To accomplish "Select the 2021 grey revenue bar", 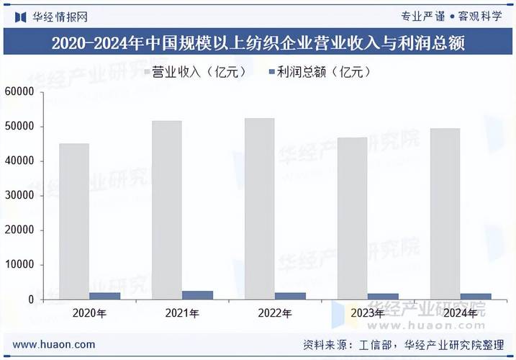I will click(166, 210).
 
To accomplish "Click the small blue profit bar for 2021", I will click(197, 295).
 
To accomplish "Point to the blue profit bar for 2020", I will click(105, 296).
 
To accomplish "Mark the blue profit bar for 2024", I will click(475, 296).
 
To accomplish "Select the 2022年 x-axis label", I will click(275, 313).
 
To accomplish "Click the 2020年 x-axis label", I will click(90, 313).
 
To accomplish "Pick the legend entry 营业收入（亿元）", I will click(197, 72).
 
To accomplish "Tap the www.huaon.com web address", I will click(54, 345).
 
